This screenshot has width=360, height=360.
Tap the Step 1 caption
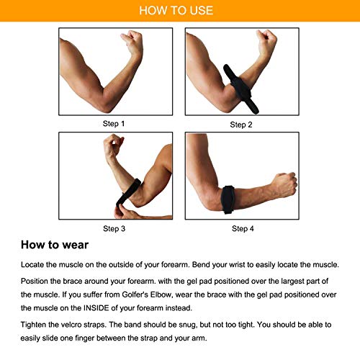pyautogui.click(x=114, y=124)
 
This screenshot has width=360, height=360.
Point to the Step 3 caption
pyautogui.click(x=114, y=229)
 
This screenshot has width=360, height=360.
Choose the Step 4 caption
pyautogui.click(x=241, y=229)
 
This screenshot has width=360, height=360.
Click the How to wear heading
pyautogui.click(x=56, y=244)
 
